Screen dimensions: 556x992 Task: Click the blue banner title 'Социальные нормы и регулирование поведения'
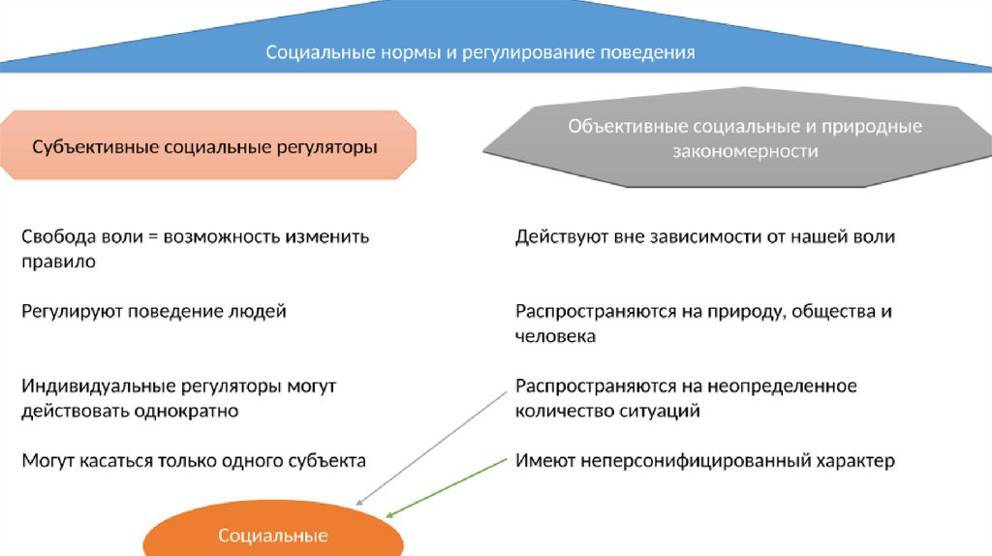tap(480, 52)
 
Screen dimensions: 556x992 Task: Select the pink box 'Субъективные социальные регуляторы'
tap(204, 147)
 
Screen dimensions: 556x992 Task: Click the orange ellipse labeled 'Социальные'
tap(273, 536)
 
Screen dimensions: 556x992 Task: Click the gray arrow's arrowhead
tap(358, 504)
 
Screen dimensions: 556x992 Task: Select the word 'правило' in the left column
tap(58, 262)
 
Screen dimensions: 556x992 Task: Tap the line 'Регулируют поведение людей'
tap(154, 312)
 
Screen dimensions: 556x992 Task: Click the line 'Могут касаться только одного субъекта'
tap(194, 461)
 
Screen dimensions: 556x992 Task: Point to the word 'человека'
tap(555, 337)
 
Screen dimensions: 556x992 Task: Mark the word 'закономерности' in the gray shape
tap(745, 152)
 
